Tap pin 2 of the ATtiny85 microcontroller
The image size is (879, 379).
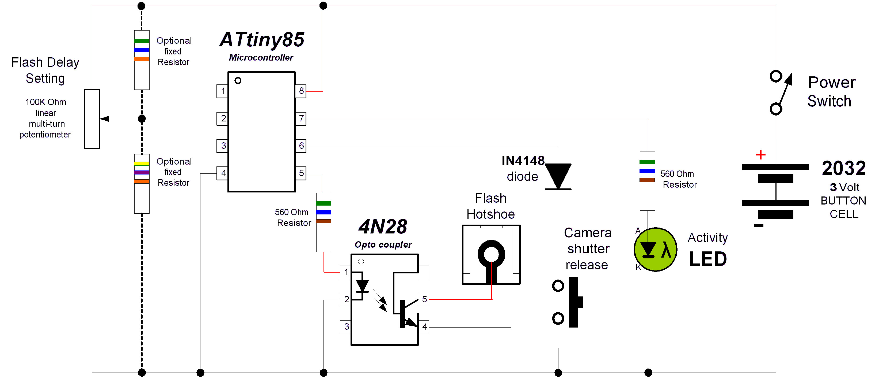[x=223, y=118]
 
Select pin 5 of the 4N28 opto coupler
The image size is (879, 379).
[x=424, y=299]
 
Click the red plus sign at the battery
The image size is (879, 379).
[x=760, y=155]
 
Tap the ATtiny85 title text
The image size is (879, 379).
[x=262, y=40]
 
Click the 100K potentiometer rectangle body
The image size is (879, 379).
[x=92, y=119]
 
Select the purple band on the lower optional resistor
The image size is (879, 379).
[x=142, y=173]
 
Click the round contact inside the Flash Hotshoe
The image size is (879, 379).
[x=491, y=254]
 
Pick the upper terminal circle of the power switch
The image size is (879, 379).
[x=776, y=76]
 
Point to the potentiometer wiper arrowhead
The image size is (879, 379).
[x=104, y=119]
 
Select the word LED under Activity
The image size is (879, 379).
[x=708, y=259]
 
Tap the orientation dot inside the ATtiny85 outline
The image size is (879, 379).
[x=238, y=81]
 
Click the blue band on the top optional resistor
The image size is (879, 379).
[x=142, y=50]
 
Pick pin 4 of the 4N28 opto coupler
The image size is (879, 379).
[x=424, y=327]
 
